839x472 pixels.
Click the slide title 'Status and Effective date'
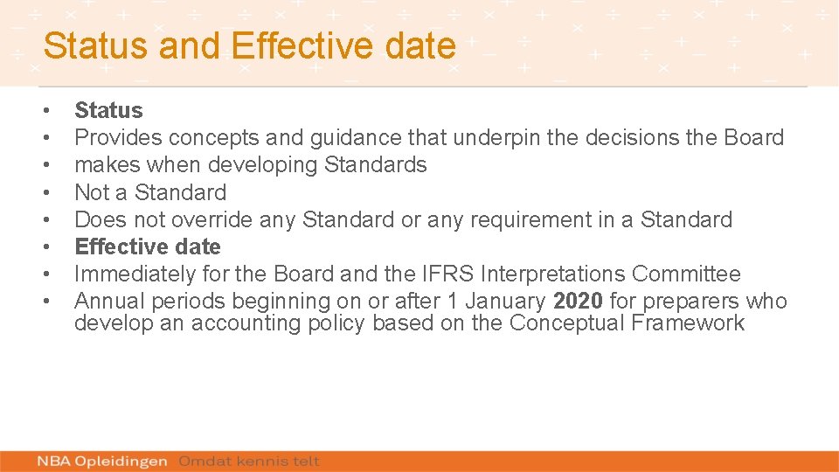click(x=249, y=45)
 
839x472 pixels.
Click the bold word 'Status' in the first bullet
click(x=108, y=110)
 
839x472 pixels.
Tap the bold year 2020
click(x=578, y=302)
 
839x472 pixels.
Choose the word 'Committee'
click(x=686, y=274)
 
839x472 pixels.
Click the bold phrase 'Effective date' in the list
click(x=148, y=246)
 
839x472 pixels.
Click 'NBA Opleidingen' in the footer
click(x=102, y=461)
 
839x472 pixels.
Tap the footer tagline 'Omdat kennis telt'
click(x=249, y=461)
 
